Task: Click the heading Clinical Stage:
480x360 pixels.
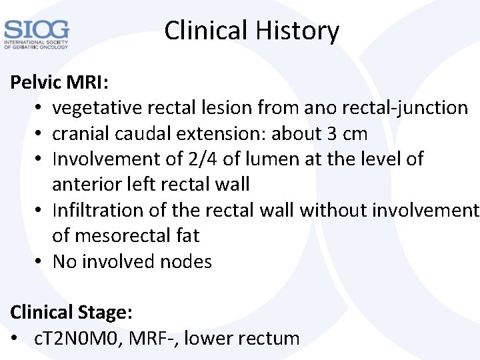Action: click(69, 313)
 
